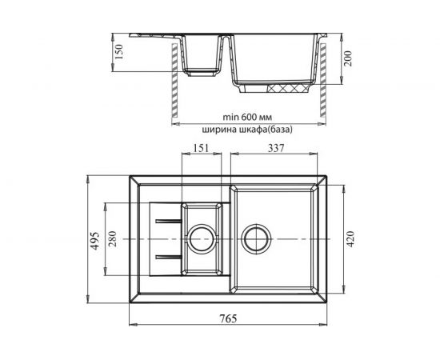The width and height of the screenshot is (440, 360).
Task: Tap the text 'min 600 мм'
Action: tap(249, 114)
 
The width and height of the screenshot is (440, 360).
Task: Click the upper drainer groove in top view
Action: tap(166, 218)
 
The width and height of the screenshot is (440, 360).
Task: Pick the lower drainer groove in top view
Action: tap(166, 256)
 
